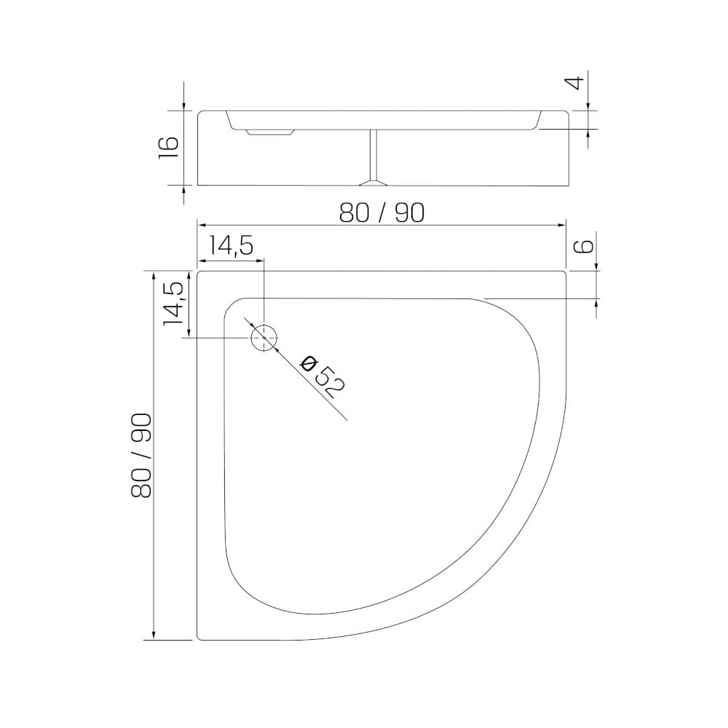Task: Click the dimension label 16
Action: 168,148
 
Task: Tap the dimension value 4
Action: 576,83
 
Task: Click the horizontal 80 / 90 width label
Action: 381,213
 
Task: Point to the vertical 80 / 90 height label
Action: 141,456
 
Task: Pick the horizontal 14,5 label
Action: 230,245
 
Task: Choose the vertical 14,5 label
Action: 175,304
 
